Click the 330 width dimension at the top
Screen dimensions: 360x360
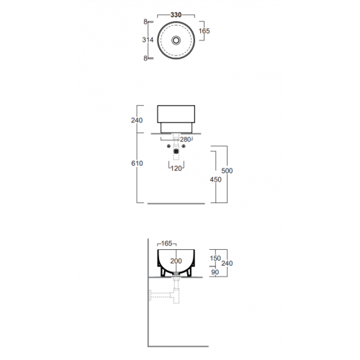click(x=176, y=15)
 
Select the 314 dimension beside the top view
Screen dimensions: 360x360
click(x=148, y=40)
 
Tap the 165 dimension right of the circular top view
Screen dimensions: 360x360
click(x=204, y=31)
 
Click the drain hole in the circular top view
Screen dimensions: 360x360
click(x=176, y=40)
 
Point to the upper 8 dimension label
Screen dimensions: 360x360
click(x=145, y=22)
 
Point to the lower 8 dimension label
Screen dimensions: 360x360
click(x=145, y=58)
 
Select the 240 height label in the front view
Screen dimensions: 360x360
click(x=137, y=120)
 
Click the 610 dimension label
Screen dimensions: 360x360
click(x=137, y=163)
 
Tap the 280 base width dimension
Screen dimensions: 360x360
click(x=185, y=139)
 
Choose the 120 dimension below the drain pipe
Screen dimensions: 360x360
click(x=176, y=168)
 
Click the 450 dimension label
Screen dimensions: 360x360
click(x=215, y=179)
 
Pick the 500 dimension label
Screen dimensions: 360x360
click(x=227, y=171)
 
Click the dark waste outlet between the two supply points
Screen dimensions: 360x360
click(x=176, y=151)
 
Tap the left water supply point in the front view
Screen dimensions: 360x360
click(x=168, y=146)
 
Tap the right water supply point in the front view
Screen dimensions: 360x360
click(x=184, y=146)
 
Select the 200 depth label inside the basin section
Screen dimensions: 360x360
click(x=176, y=261)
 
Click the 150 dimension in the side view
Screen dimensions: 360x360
click(x=215, y=258)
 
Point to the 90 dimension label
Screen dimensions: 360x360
click(x=215, y=272)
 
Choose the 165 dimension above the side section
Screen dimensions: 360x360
click(x=166, y=243)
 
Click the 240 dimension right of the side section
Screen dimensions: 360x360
click(x=227, y=264)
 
